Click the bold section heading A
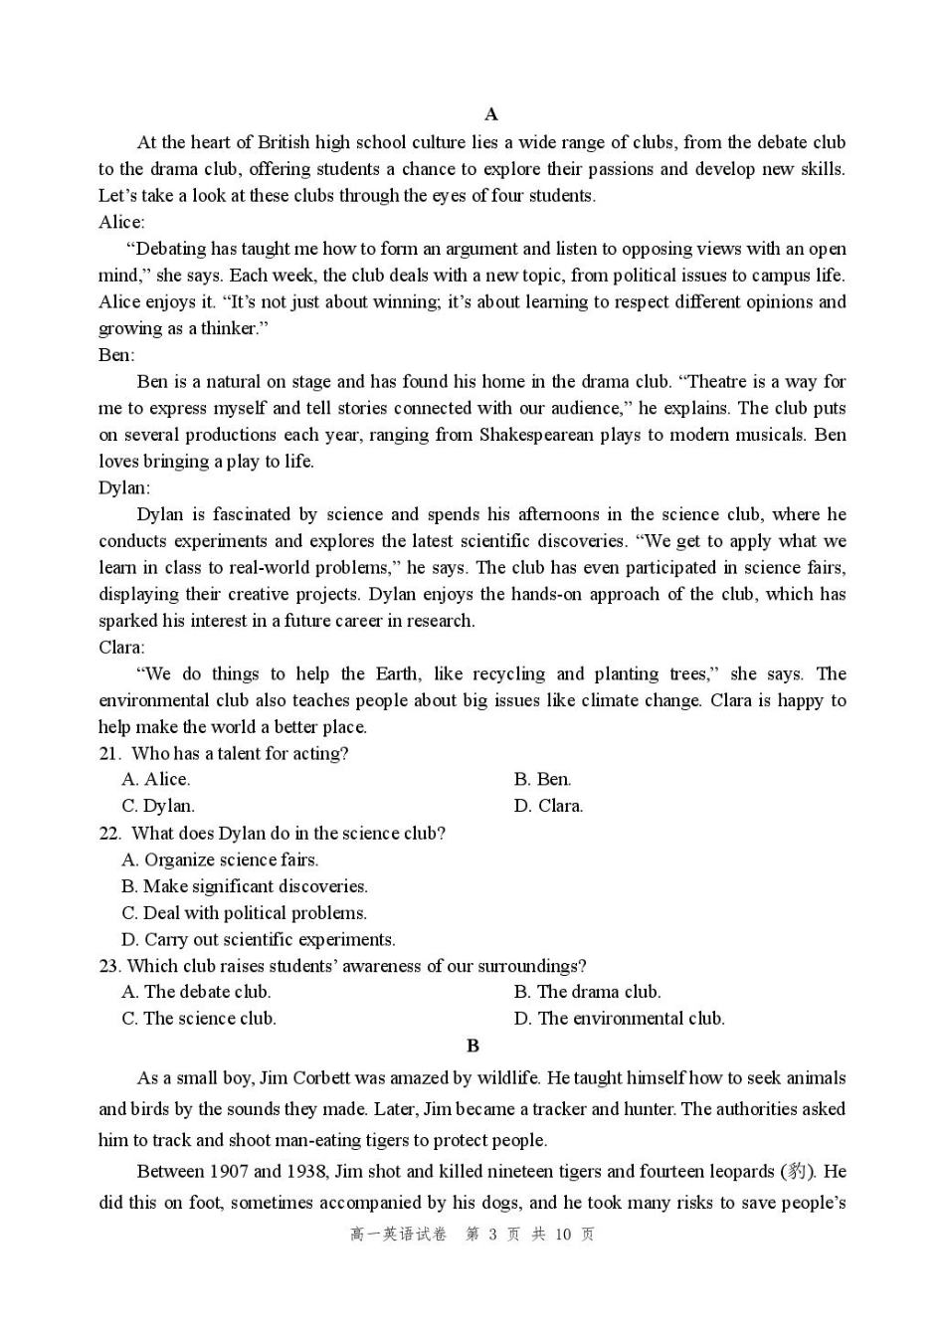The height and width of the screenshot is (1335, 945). (x=490, y=114)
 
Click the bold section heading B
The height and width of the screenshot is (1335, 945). (x=472, y=1046)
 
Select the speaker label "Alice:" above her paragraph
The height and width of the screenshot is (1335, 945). (x=121, y=222)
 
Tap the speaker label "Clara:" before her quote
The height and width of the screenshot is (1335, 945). (x=121, y=648)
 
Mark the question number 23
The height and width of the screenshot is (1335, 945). (x=109, y=966)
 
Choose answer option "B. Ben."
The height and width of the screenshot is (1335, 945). (x=542, y=780)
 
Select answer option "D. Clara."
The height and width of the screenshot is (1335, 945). (x=548, y=807)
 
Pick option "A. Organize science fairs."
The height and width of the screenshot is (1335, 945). (x=220, y=860)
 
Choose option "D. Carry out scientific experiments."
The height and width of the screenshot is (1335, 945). (x=258, y=940)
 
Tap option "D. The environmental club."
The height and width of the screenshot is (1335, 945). (x=619, y=1019)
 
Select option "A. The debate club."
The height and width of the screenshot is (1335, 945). (x=196, y=992)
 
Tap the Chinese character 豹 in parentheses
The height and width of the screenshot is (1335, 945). (x=797, y=1172)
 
